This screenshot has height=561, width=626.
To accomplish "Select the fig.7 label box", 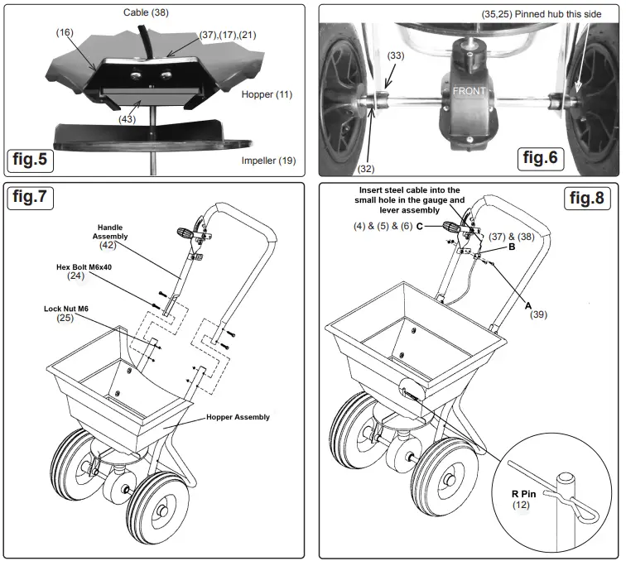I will (x=36, y=199).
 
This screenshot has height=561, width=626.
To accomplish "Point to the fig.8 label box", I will (x=586, y=199).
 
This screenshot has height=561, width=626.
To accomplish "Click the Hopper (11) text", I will (x=268, y=95).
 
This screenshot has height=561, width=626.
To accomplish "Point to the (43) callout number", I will (x=128, y=119).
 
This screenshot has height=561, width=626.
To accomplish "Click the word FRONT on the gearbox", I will (x=469, y=92).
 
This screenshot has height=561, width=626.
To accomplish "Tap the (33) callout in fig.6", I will (x=397, y=56).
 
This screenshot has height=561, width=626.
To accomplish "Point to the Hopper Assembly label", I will (x=238, y=417).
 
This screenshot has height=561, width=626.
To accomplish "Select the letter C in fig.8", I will (x=420, y=225).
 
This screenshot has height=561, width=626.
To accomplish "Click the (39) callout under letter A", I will (x=539, y=314).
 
